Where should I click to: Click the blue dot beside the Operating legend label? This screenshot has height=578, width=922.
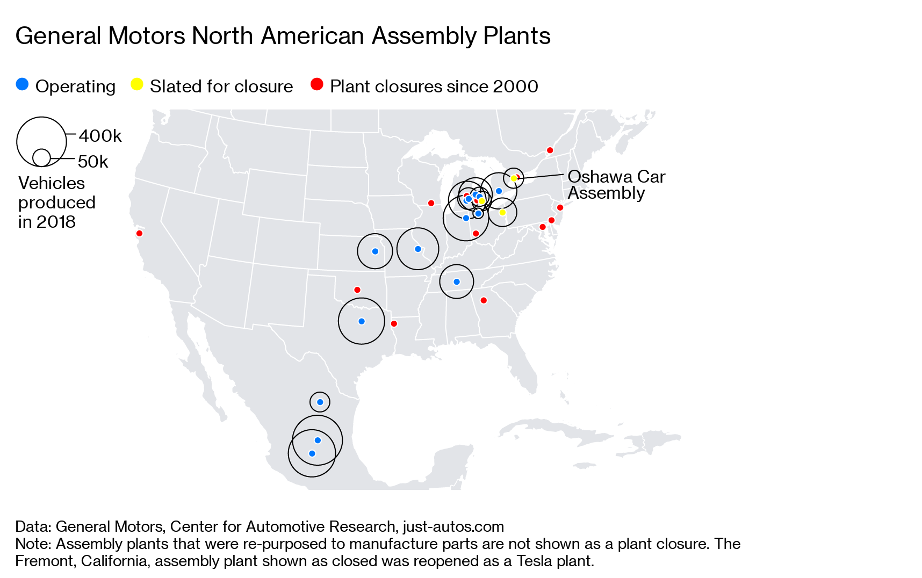pos(22,84)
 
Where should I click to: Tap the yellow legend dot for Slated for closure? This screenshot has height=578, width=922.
pos(137,84)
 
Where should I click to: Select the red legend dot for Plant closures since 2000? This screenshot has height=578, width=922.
pos(317,84)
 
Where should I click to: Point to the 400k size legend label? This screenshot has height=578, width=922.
pos(100,136)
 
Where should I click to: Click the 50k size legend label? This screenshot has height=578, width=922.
pos(93,162)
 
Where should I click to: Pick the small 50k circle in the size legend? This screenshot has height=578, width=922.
pos(41,157)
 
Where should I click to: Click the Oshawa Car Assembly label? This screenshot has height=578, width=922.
pos(616,184)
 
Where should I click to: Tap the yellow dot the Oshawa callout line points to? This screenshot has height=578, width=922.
pos(514,178)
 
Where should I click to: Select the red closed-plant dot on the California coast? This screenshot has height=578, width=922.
pos(139,233)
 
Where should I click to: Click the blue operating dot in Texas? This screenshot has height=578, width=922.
pos(362,321)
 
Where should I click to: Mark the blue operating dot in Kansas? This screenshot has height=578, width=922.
pos(375,251)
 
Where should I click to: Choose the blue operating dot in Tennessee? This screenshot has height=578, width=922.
pos(457,281)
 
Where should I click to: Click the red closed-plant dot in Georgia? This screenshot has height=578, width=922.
pos(484,300)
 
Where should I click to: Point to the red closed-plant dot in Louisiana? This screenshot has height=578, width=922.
pos(394,323)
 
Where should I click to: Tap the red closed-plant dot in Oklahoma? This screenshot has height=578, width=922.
pos(357,290)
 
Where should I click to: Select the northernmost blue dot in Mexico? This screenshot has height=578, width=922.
pos(320,402)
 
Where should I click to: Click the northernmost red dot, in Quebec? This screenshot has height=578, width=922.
pos(550,150)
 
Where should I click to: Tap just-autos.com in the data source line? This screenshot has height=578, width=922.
pos(453,526)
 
